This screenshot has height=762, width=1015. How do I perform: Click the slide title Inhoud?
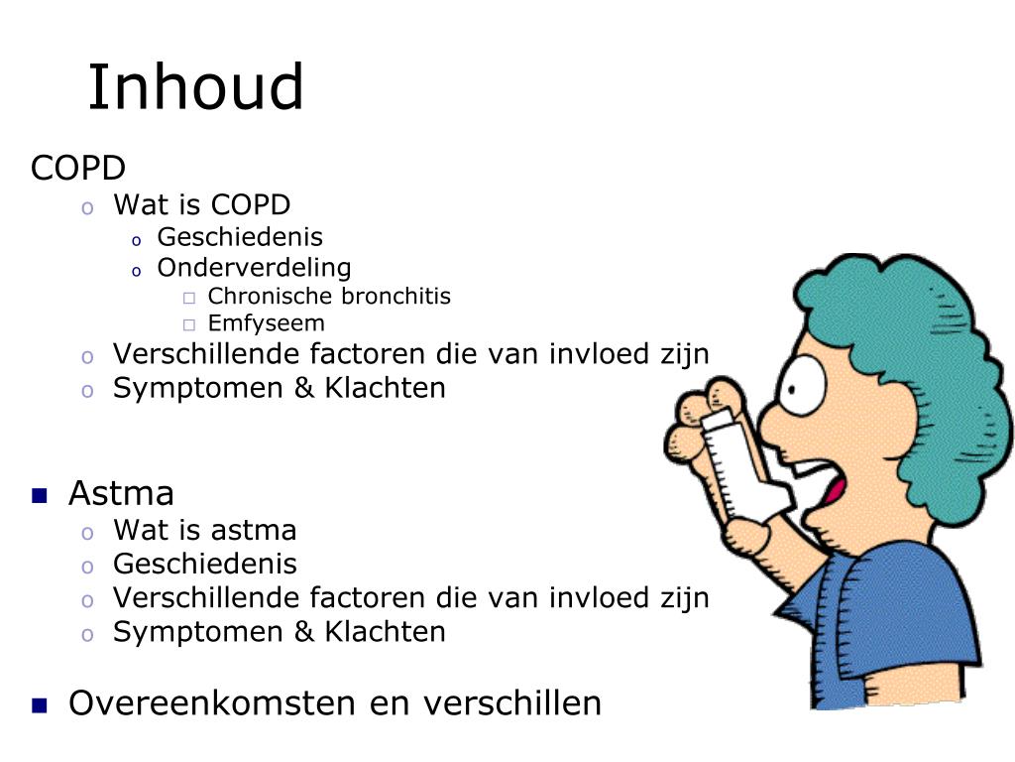click(x=195, y=87)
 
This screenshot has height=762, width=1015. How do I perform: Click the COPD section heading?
click(x=77, y=168)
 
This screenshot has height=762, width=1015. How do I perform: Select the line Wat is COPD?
click(x=201, y=204)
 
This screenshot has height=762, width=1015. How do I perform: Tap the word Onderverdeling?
click(x=254, y=267)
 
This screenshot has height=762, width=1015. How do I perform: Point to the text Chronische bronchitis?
click(x=329, y=296)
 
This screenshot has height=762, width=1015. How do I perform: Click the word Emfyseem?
click(x=266, y=323)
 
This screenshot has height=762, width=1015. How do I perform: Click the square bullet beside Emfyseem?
click(x=189, y=324)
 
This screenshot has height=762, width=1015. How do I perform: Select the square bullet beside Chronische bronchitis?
click(x=189, y=298)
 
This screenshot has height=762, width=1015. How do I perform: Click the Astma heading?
click(x=121, y=493)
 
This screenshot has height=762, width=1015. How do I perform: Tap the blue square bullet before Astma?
click(x=40, y=496)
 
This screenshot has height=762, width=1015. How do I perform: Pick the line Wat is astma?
click(x=204, y=530)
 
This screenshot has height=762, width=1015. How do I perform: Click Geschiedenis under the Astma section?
click(x=204, y=564)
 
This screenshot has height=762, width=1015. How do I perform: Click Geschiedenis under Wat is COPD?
click(x=240, y=236)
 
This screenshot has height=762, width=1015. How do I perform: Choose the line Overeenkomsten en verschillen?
click(x=335, y=703)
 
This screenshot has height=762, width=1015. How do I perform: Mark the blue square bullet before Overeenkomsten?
click(x=40, y=705)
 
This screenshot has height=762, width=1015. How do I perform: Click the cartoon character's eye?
click(x=801, y=385)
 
